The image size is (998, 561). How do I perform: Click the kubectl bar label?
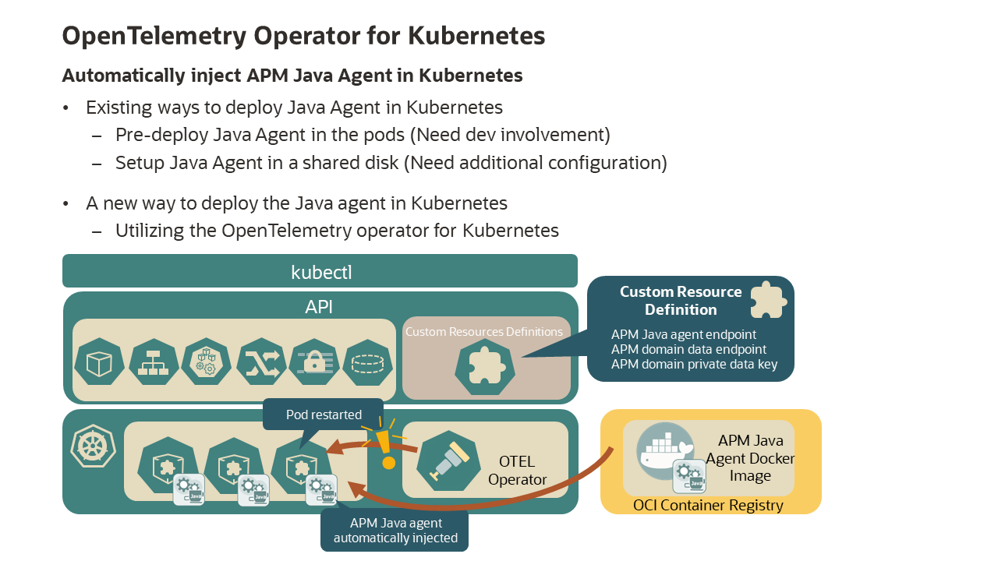click(320, 272)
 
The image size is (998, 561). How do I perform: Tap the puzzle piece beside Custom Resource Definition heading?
click(766, 300)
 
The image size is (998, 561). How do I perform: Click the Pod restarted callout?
click(323, 415)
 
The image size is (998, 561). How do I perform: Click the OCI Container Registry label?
click(708, 505)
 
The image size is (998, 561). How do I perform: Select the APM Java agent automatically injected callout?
click(395, 531)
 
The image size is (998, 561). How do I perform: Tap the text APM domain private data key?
click(694, 364)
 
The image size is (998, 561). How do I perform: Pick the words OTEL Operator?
click(518, 471)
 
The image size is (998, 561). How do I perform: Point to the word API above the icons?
click(319, 306)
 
